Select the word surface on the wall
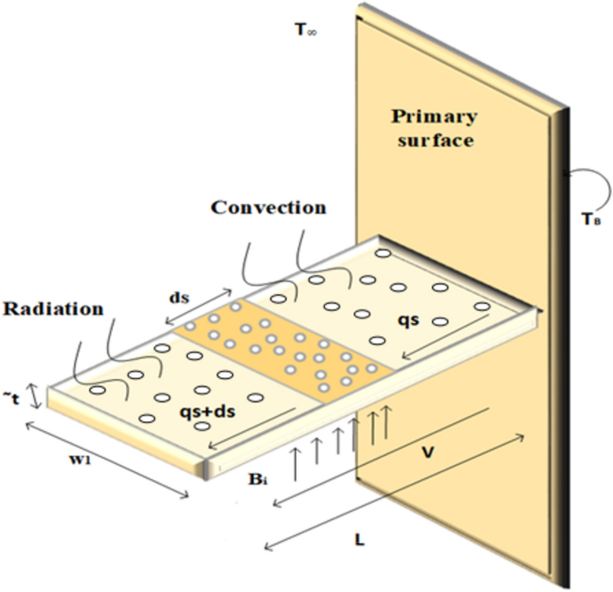(433, 140)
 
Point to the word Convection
(268, 207)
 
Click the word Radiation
(53, 309)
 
